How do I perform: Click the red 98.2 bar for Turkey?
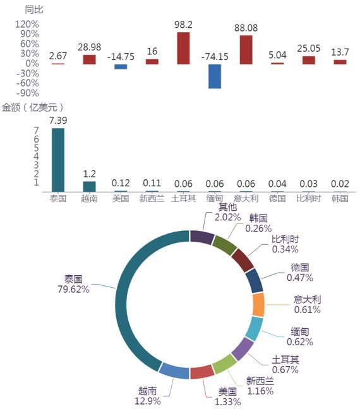pos(183,48)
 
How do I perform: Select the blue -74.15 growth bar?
pos(215,76)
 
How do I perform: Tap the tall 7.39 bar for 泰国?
pos(58,160)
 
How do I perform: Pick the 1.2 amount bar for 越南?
pos(89,187)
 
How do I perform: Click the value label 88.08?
pos(246,28)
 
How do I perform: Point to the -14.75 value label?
pos(121,57)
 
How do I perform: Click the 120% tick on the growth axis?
pos(27,24)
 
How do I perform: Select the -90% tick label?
pos(28,93)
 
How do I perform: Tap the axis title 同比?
pos(34,9)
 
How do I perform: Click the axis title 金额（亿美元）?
pos(33,107)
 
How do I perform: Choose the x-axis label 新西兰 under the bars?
pos(152,198)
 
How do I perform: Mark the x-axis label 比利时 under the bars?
pos(309,198)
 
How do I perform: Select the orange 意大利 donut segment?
pos(258,305)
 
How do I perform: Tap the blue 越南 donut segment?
pos(174,371)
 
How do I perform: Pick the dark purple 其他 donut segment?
pos(202,237)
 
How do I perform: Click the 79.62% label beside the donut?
pos(73,289)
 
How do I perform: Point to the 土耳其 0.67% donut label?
pos(285,365)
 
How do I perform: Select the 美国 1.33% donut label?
pos(227,397)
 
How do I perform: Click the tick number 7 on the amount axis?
pos(36,130)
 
